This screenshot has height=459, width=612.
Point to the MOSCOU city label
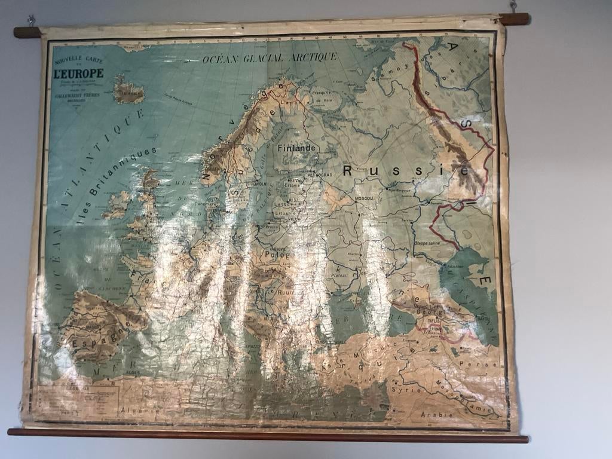pos(364,197)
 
